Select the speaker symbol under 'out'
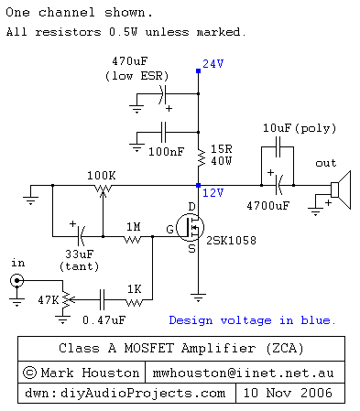pos(337,190)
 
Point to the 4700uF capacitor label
pos(267,207)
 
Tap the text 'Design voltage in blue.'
pos(252,320)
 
